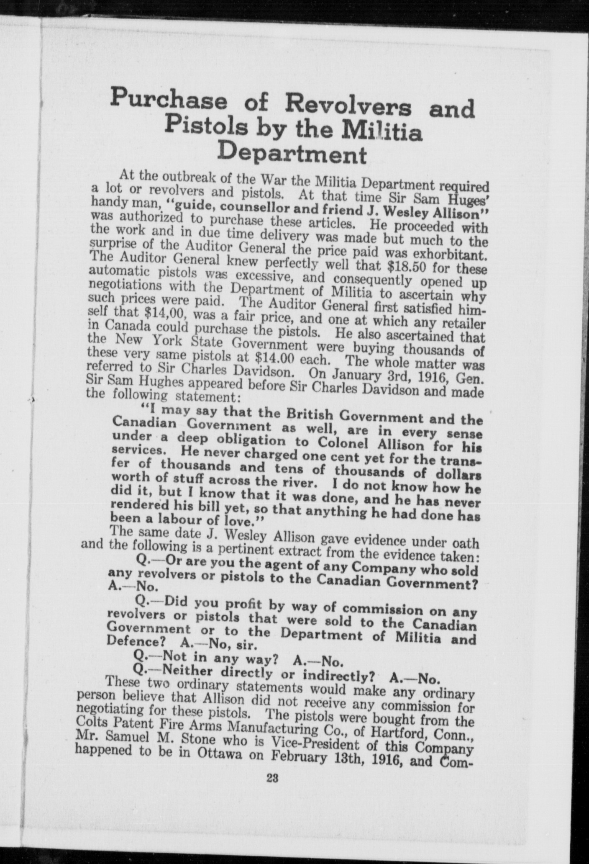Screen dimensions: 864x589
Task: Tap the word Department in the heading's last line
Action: (x=293, y=154)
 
